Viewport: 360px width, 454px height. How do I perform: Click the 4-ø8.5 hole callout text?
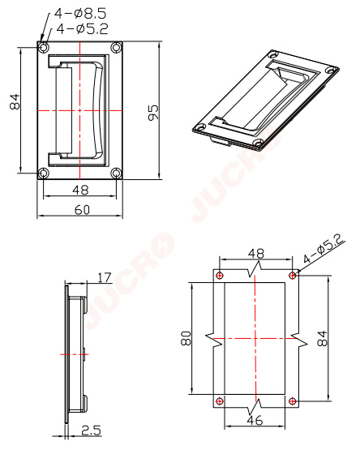pyautogui.click(x=80, y=13)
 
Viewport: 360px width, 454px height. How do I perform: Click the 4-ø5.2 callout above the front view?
pyautogui.click(x=82, y=28)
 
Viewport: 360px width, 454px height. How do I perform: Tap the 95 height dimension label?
pyautogui.click(x=153, y=113)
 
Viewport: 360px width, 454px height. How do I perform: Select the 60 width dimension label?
pyautogui.click(x=82, y=210)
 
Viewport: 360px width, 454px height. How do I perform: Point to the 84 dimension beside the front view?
pyautogui.click(x=15, y=101)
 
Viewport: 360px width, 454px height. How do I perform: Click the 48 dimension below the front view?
pyautogui.click(x=80, y=190)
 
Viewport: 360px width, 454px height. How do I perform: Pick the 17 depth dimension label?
pyautogui.click(x=105, y=277)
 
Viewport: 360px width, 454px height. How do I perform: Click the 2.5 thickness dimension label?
pyautogui.click(x=91, y=430)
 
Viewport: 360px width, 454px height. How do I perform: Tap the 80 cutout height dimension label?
pyautogui.click(x=186, y=338)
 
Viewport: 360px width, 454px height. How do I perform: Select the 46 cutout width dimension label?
pyautogui.click(x=255, y=420)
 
